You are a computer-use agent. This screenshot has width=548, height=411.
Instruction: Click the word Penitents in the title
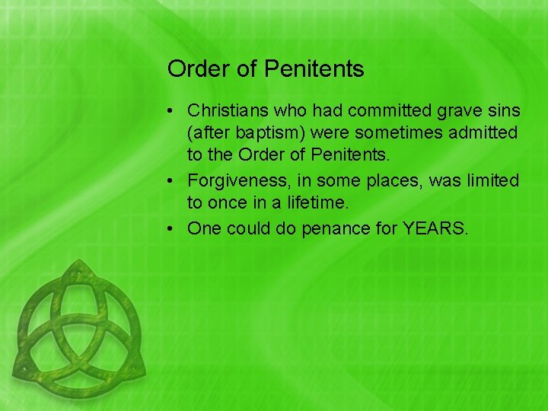[x=314, y=69]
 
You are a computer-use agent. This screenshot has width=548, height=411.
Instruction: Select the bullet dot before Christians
[x=174, y=112]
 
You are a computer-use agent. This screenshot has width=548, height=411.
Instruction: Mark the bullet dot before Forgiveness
[x=174, y=182]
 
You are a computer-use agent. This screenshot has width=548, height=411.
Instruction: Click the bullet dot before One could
[x=174, y=228]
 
